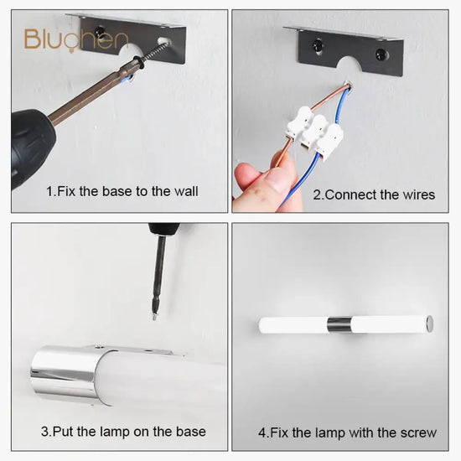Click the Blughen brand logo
click(75, 39)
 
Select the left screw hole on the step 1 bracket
click(100, 30)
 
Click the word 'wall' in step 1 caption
click(186, 191)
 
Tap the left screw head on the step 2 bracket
click(318, 44)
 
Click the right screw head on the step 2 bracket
click(381, 54)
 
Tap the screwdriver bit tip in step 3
click(153, 317)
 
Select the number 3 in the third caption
click(44, 432)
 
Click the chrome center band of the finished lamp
click(339, 324)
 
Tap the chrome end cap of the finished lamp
click(429, 324)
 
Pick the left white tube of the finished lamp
click(293, 325)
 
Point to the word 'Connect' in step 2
click(351, 195)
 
